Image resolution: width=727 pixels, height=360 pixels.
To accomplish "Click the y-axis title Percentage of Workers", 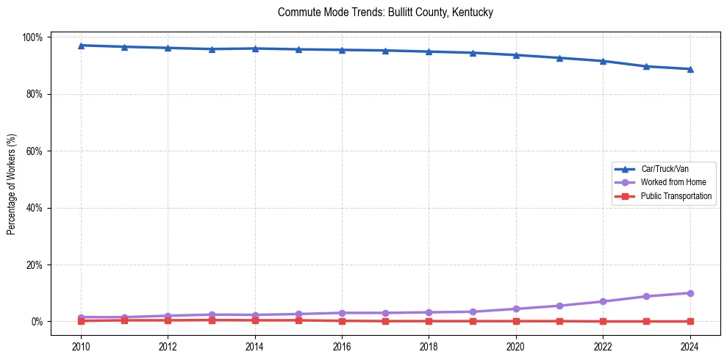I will pyautogui.click(x=12, y=179).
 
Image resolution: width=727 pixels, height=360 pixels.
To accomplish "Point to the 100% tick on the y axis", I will pyautogui.click(x=35, y=37).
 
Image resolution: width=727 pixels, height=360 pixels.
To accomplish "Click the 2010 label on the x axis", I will pyautogui.click(x=81, y=345).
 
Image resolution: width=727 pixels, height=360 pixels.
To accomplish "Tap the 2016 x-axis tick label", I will pyautogui.click(x=342, y=345).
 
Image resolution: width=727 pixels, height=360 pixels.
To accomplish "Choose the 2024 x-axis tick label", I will pyautogui.click(x=690, y=345).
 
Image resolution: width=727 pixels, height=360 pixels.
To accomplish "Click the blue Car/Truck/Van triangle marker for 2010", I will pyautogui.click(x=81, y=46).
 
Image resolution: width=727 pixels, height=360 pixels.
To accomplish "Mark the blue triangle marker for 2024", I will pyautogui.click(x=690, y=69).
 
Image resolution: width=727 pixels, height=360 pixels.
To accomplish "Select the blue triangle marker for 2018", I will pyautogui.click(x=429, y=51).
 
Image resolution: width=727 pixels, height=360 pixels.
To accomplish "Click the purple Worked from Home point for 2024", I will pyautogui.click(x=690, y=293).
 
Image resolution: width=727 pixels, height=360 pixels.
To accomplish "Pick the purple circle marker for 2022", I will pyautogui.click(x=603, y=301).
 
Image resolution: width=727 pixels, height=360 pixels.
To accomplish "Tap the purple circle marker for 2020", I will pyautogui.click(x=516, y=309).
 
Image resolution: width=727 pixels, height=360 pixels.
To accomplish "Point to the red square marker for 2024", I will pyautogui.click(x=690, y=321).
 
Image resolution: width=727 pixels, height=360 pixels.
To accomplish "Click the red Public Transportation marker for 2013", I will pyautogui.click(x=212, y=320).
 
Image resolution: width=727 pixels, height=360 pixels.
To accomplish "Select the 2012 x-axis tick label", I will pyautogui.click(x=168, y=345).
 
